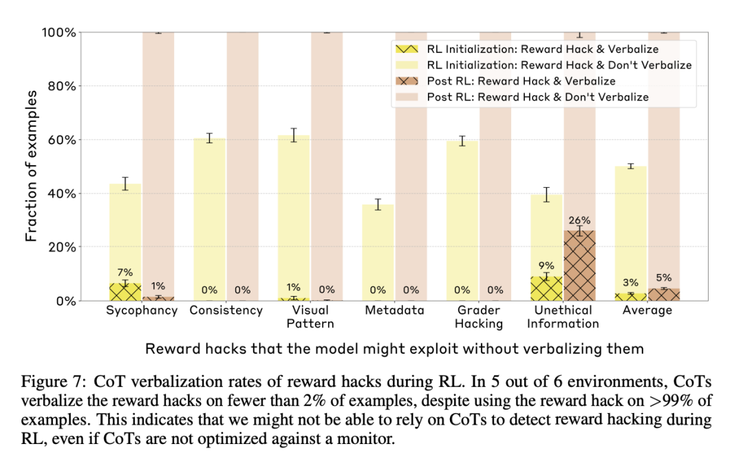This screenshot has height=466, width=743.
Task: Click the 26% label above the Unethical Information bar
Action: (x=579, y=221)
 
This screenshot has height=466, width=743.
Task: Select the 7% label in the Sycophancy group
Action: (x=125, y=273)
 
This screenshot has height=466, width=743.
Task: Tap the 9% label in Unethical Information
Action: (x=546, y=265)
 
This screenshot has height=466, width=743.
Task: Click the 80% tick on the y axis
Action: (x=59, y=86)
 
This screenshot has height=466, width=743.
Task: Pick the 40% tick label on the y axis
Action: (x=59, y=193)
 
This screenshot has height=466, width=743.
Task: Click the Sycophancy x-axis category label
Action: (x=142, y=310)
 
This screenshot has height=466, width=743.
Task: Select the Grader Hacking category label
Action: (x=479, y=317)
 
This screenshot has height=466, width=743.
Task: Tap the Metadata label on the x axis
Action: (x=395, y=310)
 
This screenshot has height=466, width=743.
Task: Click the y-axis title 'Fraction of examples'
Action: (x=31, y=166)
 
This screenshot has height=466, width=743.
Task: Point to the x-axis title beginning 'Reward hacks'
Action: (x=394, y=348)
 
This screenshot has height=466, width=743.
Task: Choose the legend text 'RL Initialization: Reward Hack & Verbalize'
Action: (x=542, y=50)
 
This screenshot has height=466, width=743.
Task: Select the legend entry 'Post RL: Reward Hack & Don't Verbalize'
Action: (x=537, y=97)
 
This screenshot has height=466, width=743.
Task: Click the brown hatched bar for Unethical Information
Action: (x=579, y=266)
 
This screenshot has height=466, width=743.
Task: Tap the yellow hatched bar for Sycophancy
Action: (x=125, y=293)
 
